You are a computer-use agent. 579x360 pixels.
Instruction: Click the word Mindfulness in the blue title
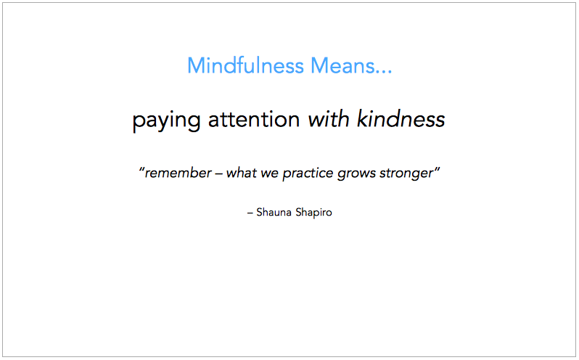click(x=245, y=65)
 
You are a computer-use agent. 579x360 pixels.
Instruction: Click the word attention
click(x=254, y=119)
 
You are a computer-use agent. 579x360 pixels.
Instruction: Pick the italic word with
click(x=329, y=119)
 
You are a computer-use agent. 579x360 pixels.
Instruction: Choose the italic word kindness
click(x=401, y=119)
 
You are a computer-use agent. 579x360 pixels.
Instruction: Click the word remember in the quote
click(x=178, y=173)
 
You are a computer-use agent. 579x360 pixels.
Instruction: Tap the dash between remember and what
click(x=218, y=174)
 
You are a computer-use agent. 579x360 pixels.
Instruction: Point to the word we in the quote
click(x=270, y=174)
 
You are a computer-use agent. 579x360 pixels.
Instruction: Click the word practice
click(x=308, y=174)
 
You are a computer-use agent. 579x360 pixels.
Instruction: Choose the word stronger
click(x=406, y=174)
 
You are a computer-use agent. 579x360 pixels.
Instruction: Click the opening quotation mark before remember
click(x=141, y=170)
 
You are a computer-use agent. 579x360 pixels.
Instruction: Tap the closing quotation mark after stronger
click(x=437, y=170)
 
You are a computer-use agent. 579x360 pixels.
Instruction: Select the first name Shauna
click(x=274, y=213)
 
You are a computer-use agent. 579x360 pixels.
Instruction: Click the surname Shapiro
click(x=314, y=213)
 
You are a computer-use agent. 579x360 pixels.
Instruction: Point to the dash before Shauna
click(x=250, y=213)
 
